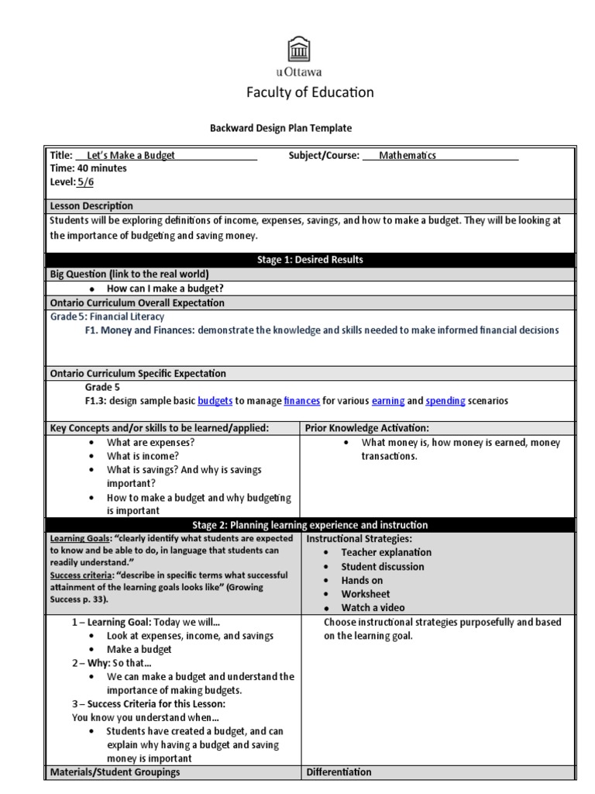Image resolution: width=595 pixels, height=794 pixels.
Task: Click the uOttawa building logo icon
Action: [x=297, y=49]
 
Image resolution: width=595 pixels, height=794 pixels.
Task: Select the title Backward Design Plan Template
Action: [x=282, y=129]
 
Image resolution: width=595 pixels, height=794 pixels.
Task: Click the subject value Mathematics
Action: [x=407, y=155]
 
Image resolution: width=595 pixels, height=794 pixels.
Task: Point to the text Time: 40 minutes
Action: [x=88, y=168]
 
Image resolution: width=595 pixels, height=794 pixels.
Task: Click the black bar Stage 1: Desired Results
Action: [x=310, y=260]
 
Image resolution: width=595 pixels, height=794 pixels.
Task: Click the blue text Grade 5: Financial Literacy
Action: [x=107, y=316]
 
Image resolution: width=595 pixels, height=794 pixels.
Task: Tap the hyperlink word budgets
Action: [x=215, y=401]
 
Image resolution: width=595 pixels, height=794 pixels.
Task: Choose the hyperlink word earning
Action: [x=387, y=401]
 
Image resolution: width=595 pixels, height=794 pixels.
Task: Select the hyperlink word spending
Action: [x=445, y=401]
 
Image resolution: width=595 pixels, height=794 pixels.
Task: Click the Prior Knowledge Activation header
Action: [x=367, y=428]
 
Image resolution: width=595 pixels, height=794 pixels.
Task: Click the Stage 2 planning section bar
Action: [x=310, y=525]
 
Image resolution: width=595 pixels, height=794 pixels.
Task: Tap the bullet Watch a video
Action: [x=373, y=608]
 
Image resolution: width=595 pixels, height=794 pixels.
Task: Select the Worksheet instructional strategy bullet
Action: [x=365, y=594]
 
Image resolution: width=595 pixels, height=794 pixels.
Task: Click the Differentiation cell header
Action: [x=339, y=772]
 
